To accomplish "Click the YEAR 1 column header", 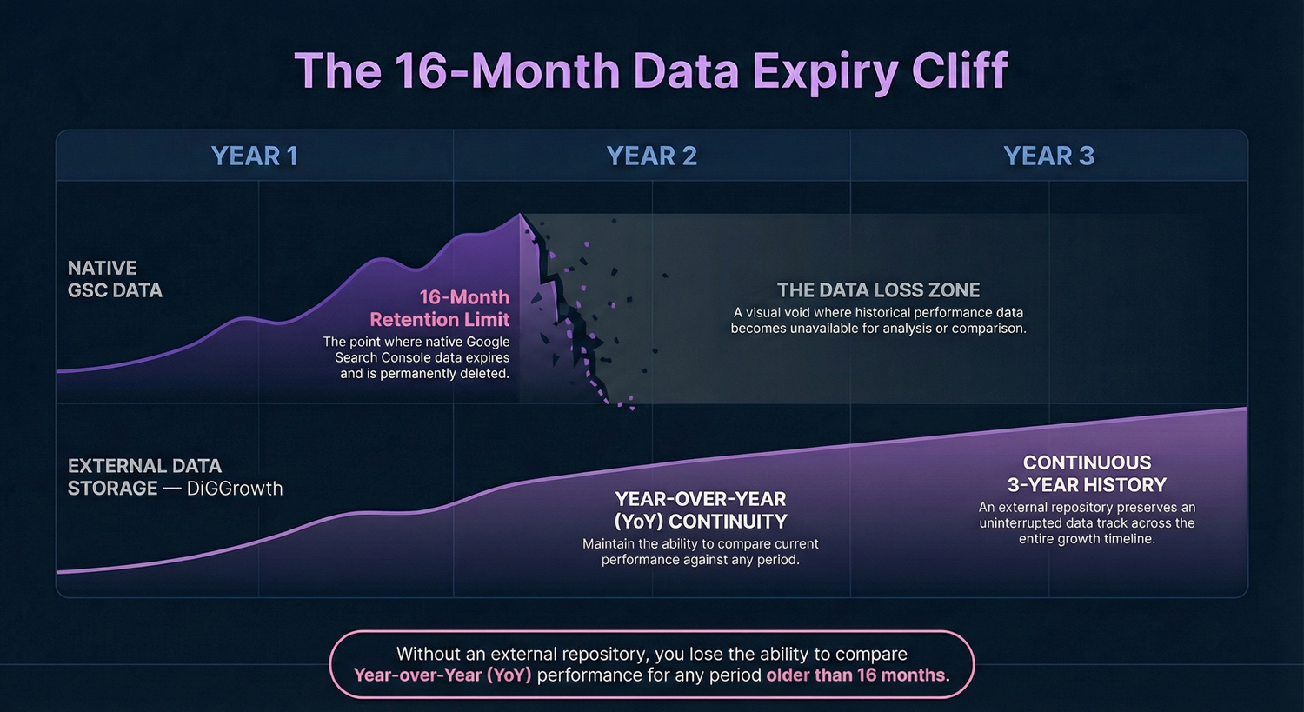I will pyautogui.click(x=254, y=156).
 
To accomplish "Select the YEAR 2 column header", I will pyautogui.click(x=651, y=156).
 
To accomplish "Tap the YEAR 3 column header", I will pyautogui.click(x=1048, y=156).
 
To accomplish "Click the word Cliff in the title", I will pyautogui.click(x=960, y=71).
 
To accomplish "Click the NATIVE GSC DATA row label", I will pyautogui.click(x=115, y=279).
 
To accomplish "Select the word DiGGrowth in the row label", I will pyautogui.click(x=235, y=489).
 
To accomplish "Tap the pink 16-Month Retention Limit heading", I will pyautogui.click(x=440, y=309).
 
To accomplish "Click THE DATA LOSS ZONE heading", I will pyautogui.click(x=878, y=290).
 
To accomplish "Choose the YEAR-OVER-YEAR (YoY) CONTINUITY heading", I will pyautogui.click(x=700, y=510).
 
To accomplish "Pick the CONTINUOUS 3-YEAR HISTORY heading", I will pyautogui.click(x=1087, y=474).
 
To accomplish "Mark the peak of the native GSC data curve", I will pyautogui.click(x=520, y=214).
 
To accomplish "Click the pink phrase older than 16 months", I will pyautogui.click(x=857, y=675).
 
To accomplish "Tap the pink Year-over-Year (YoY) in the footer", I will pyautogui.click(x=442, y=675).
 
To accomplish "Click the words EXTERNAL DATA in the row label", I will pyautogui.click(x=144, y=466).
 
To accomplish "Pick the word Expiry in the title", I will pyautogui.click(x=825, y=71).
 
